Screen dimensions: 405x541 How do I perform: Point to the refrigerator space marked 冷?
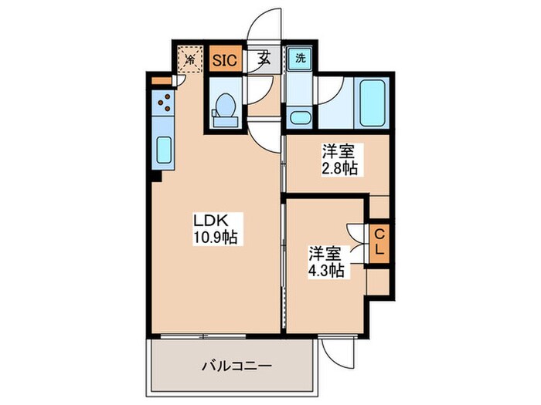tap(189, 59)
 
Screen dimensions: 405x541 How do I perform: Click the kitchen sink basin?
tap(164, 149)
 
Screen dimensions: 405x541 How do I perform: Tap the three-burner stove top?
tap(164, 102)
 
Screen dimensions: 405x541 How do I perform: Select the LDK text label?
tap(208, 221)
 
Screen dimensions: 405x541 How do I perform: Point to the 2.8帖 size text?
tap(341, 168)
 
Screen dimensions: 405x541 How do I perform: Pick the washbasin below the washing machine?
tap(298, 118)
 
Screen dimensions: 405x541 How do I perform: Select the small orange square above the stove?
tap(160, 79)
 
